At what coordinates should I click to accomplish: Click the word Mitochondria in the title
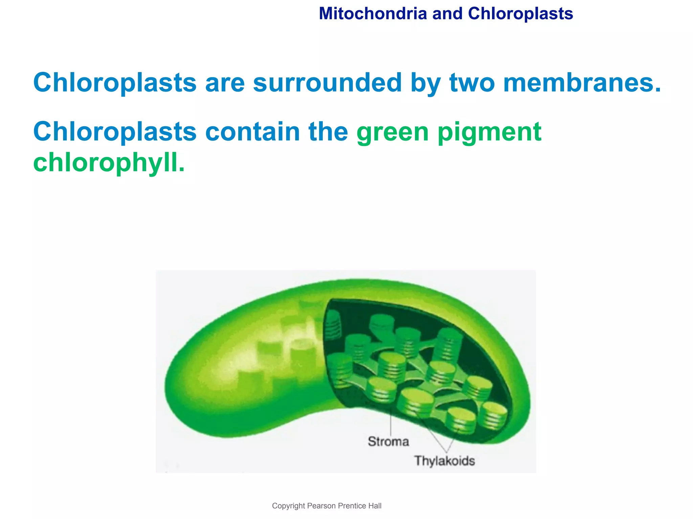pyautogui.click(x=373, y=14)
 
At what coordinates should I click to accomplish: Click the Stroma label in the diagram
pyautogui.click(x=388, y=442)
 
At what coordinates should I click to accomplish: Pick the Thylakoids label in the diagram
pyautogui.click(x=444, y=461)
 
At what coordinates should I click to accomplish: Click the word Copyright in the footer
pyautogui.click(x=288, y=506)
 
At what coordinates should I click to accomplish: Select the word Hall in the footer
pyautogui.click(x=375, y=506)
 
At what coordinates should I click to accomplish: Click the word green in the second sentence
pyautogui.click(x=393, y=132)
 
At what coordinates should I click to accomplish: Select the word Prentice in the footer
pyautogui.click(x=353, y=506)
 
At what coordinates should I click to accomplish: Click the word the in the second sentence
pyautogui.click(x=328, y=131)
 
